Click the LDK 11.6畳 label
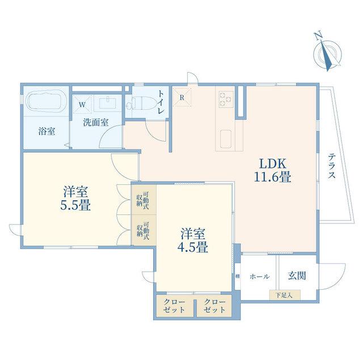273,170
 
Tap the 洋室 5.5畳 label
75,198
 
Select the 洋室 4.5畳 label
193,240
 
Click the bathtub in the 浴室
47,101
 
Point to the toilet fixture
141,104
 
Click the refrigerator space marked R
182,98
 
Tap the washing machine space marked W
82,104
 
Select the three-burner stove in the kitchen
225,99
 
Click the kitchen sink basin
225,139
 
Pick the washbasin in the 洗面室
108,103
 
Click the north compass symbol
327,52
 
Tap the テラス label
331,166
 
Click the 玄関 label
297,276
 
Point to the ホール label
260,276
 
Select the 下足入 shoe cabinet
285,295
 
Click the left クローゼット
175,306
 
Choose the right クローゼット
214,306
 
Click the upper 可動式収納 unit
143,199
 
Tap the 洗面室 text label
96,123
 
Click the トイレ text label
161,102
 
